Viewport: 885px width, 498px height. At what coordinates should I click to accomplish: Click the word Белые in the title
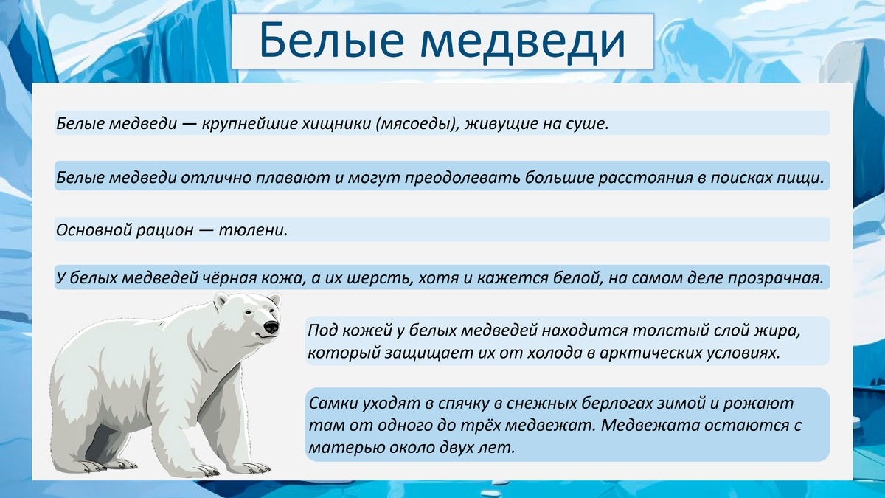tap(325, 42)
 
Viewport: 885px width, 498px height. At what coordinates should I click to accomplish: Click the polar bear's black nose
tap(271, 326)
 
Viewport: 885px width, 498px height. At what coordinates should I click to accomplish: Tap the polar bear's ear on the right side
tap(274, 300)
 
